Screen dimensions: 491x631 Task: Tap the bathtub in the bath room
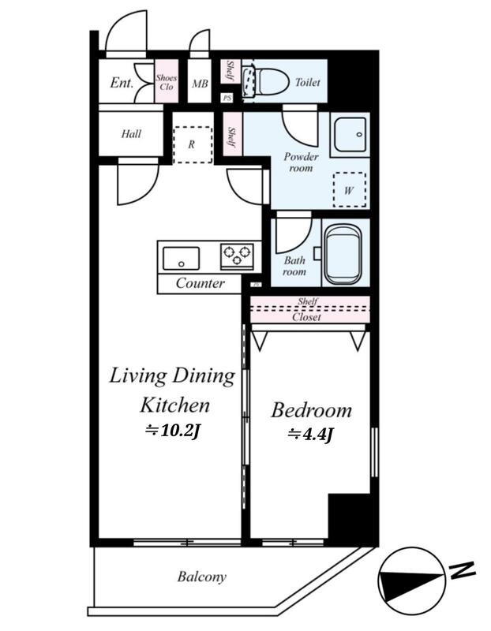343,254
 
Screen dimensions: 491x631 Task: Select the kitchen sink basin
181,259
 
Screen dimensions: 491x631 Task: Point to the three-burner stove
238,256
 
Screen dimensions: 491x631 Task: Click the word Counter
201,283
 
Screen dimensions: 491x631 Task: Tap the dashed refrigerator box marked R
193,145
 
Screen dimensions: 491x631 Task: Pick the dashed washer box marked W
350,189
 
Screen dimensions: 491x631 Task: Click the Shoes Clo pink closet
167,81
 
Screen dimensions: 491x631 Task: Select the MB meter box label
200,84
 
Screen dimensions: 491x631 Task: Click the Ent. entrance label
122,83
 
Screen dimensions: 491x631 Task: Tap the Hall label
131,133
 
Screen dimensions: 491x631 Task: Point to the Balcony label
202,577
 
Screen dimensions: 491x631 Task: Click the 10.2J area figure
173,431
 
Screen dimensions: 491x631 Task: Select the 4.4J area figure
311,435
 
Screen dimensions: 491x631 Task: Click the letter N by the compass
463,569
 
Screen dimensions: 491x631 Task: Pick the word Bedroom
311,411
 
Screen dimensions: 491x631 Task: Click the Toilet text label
308,83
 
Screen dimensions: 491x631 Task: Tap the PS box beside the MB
227,98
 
